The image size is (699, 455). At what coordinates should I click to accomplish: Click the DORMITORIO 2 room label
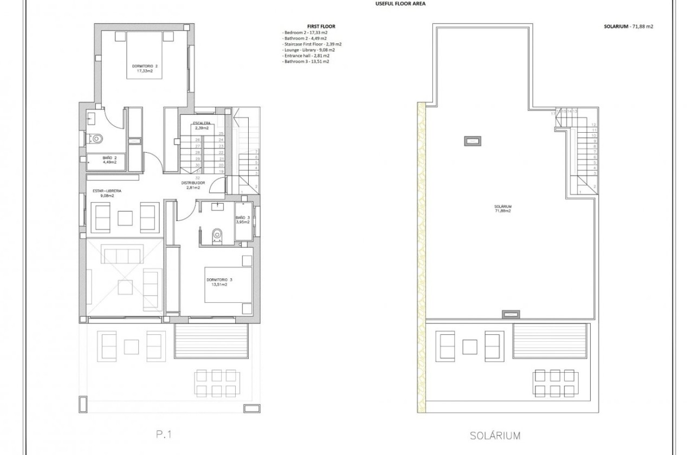(144, 69)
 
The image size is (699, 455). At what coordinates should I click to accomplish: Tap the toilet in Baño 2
(96, 139)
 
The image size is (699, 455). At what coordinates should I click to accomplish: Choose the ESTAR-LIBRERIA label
(104, 192)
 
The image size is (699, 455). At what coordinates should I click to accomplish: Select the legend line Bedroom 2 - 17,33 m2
(306, 32)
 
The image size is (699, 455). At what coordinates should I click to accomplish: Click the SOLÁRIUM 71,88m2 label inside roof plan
(503, 209)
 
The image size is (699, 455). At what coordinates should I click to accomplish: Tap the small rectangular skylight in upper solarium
(472, 141)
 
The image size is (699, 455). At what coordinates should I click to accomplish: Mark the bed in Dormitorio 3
(228, 284)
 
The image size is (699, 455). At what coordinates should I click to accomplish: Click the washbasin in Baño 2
(91, 118)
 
